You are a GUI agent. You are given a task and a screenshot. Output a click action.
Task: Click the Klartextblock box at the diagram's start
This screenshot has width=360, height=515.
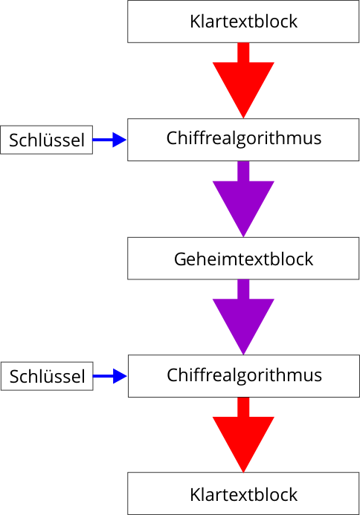click(x=243, y=22)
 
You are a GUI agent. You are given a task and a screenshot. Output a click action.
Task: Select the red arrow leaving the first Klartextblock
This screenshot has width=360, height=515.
click(x=243, y=80)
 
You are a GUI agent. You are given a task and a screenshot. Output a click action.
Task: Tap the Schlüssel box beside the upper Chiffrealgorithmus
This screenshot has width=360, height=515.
click(x=46, y=140)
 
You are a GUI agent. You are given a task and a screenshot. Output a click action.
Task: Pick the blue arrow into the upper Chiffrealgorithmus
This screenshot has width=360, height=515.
click(x=109, y=140)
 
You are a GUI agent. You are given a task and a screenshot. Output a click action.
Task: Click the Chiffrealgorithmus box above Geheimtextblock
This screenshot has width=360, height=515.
click(x=243, y=140)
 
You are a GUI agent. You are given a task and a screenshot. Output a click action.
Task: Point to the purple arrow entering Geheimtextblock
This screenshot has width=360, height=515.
click(x=243, y=199)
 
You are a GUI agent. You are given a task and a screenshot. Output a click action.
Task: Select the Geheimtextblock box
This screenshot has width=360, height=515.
click(x=243, y=259)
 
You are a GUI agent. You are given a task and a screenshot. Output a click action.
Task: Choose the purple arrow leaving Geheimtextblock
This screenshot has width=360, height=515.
click(x=243, y=317)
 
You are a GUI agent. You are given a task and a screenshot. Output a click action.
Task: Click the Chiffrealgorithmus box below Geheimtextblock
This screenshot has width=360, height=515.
click(x=244, y=376)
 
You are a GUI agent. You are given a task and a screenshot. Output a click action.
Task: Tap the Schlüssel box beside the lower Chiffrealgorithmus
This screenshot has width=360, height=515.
click(x=47, y=376)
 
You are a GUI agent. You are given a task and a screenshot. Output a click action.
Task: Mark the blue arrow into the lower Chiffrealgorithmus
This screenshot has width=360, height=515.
click(x=110, y=376)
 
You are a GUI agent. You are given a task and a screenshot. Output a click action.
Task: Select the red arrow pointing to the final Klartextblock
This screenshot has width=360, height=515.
click(x=243, y=435)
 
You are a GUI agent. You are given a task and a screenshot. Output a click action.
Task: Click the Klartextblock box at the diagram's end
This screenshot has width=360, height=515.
click(x=243, y=493)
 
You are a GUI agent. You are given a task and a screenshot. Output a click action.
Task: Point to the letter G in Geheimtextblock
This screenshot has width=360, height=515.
click(x=180, y=259)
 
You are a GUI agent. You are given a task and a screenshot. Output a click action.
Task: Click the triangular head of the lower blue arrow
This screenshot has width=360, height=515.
click(x=120, y=376)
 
